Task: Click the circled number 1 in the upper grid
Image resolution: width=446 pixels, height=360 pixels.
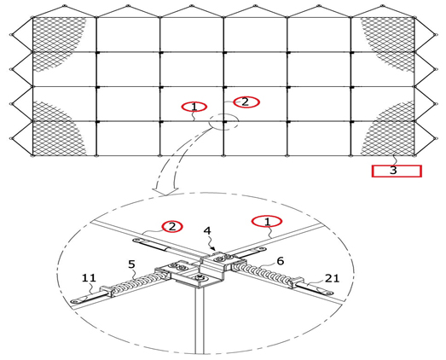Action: [x=194, y=107]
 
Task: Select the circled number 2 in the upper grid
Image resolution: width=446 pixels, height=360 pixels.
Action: [x=246, y=102]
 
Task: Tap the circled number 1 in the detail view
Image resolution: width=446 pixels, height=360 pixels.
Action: [x=267, y=221]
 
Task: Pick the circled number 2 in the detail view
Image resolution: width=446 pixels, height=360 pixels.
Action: [x=172, y=227]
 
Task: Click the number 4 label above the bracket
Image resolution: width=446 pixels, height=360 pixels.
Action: [x=207, y=230]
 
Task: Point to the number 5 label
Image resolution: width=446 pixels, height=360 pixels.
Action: [x=131, y=264]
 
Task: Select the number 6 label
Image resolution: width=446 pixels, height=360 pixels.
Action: [x=281, y=261]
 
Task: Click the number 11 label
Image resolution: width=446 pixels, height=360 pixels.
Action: [x=89, y=278]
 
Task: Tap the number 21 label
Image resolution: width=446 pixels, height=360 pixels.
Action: [x=333, y=278]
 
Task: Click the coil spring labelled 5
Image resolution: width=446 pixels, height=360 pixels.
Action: [x=139, y=281]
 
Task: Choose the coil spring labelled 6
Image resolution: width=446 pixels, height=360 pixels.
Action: [x=263, y=273]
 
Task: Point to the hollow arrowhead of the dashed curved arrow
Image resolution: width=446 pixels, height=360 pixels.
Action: [x=165, y=192]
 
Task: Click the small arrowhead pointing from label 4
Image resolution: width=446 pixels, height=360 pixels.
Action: [x=213, y=248]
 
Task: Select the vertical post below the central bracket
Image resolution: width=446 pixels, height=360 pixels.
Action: [x=200, y=319]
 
